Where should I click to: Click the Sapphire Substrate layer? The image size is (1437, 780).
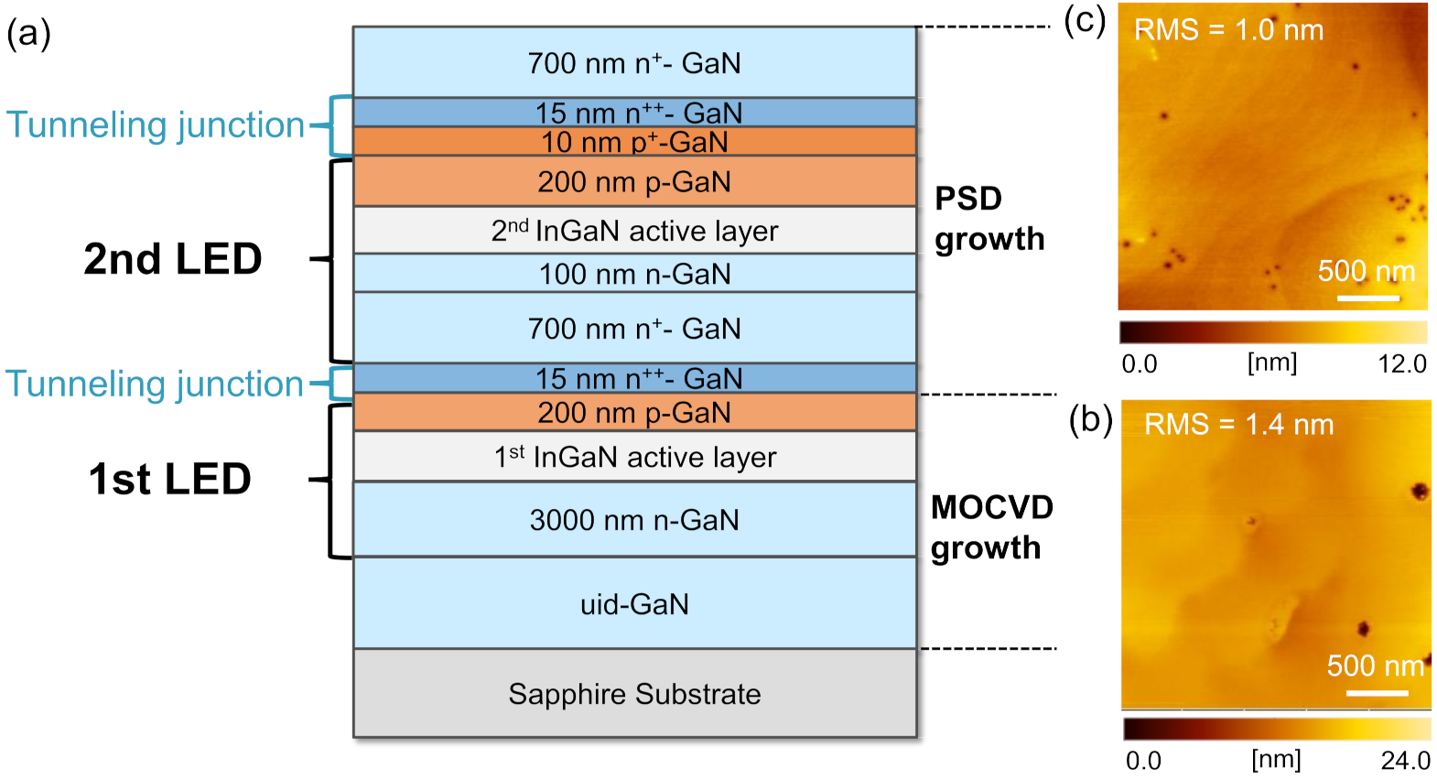634,694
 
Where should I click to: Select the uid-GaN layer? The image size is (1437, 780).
634,604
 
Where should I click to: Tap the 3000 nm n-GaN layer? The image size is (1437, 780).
634,520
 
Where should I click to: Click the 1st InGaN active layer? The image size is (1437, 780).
634,457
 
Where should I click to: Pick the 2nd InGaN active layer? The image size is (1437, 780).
634,231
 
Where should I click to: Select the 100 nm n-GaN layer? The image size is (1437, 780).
634,274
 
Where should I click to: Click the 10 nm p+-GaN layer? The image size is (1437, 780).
634,142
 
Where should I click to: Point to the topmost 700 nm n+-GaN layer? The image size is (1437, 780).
634,63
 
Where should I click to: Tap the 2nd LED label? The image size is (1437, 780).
173,259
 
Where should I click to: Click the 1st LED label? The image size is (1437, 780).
170,479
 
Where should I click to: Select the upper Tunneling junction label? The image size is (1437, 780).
156,125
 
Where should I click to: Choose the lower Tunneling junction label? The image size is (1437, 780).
155,384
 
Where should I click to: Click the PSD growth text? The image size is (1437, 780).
989,219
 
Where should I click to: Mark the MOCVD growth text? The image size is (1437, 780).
991,527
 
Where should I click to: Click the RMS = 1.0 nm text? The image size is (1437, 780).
1228,30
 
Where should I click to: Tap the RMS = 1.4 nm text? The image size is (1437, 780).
1238,425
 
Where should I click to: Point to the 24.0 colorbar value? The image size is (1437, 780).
1405,761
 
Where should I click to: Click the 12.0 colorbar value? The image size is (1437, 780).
1402,364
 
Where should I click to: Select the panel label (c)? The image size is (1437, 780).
1085,20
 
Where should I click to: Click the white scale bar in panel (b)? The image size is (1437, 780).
1377,693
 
